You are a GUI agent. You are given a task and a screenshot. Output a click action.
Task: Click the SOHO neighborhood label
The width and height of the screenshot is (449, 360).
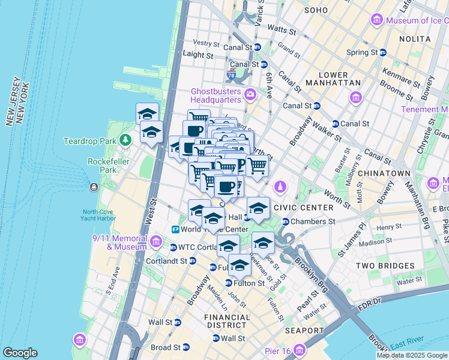316,10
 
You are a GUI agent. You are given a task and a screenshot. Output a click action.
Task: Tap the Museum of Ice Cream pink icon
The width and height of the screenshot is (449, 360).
377,20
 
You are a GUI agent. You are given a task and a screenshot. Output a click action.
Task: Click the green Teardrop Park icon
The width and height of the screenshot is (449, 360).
125,141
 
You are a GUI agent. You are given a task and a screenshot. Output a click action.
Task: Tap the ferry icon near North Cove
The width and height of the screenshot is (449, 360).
94,187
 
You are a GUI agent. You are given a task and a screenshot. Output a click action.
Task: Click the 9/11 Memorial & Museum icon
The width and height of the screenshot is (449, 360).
156,241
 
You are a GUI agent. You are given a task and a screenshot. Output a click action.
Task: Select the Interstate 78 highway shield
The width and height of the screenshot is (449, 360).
232,75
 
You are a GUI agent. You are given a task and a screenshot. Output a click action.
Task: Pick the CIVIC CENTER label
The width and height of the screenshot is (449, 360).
303,208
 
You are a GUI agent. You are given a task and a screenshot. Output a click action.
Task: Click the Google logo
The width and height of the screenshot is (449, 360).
20,353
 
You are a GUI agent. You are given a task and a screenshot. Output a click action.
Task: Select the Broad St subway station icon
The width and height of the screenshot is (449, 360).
186,347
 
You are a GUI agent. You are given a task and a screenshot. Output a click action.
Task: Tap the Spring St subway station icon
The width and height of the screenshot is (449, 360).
383,52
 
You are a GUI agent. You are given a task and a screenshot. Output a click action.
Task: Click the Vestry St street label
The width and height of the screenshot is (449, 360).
206,43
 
